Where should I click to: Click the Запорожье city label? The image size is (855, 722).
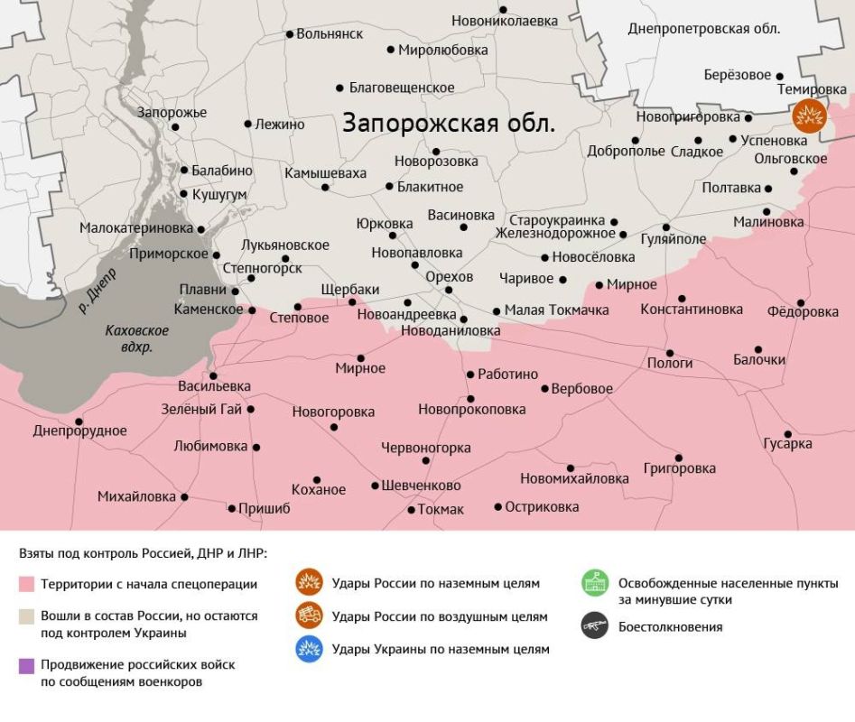click(x=172, y=113)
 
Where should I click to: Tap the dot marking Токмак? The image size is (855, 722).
click(x=411, y=510)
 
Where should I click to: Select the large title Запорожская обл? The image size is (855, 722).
click(x=448, y=123)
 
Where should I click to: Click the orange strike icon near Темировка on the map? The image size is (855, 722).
click(x=810, y=116)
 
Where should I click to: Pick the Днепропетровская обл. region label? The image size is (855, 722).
click(x=703, y=29)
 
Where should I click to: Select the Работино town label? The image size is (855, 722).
click(x=507, y=375)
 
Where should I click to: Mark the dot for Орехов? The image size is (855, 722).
click(x=449, y=290)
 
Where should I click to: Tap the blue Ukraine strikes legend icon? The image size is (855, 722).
click(x=310, y=649)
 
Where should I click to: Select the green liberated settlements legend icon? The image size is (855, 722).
click(x=594, y=583)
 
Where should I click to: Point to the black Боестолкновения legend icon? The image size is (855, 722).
click(x=594, y=626)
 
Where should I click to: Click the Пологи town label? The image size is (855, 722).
click(x=670, y=363)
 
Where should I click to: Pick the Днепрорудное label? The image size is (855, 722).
click(x=79, y=431)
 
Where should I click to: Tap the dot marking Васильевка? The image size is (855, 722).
click(x=213, y=375)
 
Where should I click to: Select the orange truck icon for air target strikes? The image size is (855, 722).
click(x=310, y=616)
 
